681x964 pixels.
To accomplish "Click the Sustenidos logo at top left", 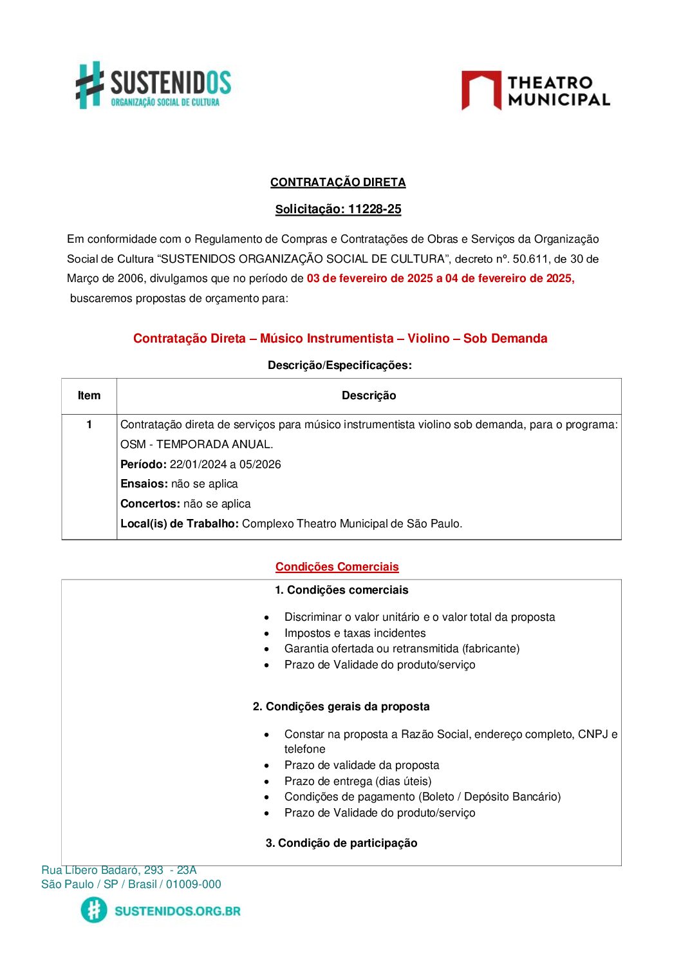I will click(153, 85).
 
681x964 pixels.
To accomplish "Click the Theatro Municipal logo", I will click(536, 91).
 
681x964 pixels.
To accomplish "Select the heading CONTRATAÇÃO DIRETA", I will click(338, 182).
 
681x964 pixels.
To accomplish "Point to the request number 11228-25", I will click(374, 209).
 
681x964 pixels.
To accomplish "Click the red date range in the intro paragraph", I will click(440, 279).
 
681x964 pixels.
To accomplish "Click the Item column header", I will click(89, 395).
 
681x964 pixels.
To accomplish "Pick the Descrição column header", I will click(369, 395).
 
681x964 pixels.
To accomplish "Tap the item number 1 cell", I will click(89, 424).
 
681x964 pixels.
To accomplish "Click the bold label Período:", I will click(144, 464).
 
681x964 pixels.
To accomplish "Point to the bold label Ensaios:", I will click(144, 484).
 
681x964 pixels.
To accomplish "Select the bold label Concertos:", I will click(150, 504).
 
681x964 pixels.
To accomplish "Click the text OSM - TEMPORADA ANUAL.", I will click(196, 444).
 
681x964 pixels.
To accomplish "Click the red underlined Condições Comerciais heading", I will click(337, 567).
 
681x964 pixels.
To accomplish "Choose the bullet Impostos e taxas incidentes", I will click(355, 633).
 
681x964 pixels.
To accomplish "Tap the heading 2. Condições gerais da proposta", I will click(341, 706).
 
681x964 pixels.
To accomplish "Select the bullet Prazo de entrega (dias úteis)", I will click(358, 781).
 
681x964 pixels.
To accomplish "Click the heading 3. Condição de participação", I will click(341, 843).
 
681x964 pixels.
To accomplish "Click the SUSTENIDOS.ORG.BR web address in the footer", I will click(177, 911).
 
